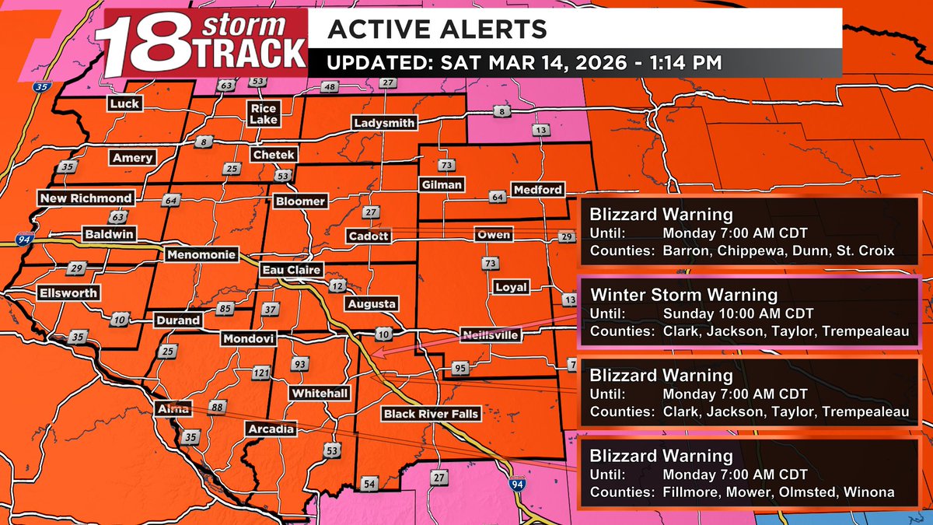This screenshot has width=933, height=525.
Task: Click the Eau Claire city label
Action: (x=290, y=270)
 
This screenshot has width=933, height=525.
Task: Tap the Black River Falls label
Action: (x=432, y=414)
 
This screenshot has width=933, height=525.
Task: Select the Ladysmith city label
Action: (x=384, y=123)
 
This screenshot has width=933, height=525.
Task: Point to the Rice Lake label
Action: (x=264, y=114)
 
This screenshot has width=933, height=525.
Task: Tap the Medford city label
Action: (x=536, y=190)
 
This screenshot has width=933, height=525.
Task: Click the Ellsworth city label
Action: (x=69, y=293)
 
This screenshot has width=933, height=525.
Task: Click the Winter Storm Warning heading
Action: (x=683, y=295)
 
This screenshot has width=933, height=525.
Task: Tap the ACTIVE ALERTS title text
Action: (x=437, y=29)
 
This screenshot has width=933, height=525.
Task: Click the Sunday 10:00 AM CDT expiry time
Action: (x=738, y=313)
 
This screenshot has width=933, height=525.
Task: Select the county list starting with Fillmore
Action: (x=778, y=492)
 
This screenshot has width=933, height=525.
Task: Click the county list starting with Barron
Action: (x=778, y=250)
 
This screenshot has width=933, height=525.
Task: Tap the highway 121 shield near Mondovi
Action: (x=260, y=374)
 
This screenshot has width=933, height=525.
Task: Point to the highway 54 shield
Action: (x=369, y=484)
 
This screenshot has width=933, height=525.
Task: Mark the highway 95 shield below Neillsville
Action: (x=460, y=368)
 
